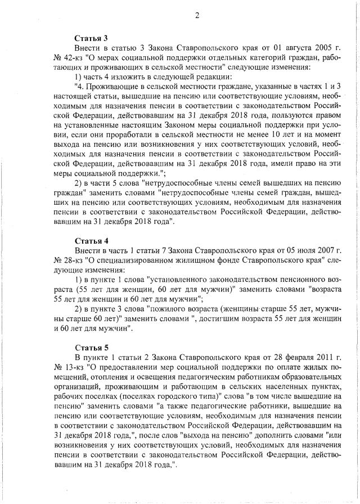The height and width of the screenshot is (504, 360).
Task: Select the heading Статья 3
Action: pyautogui.click(x=87, y=38)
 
